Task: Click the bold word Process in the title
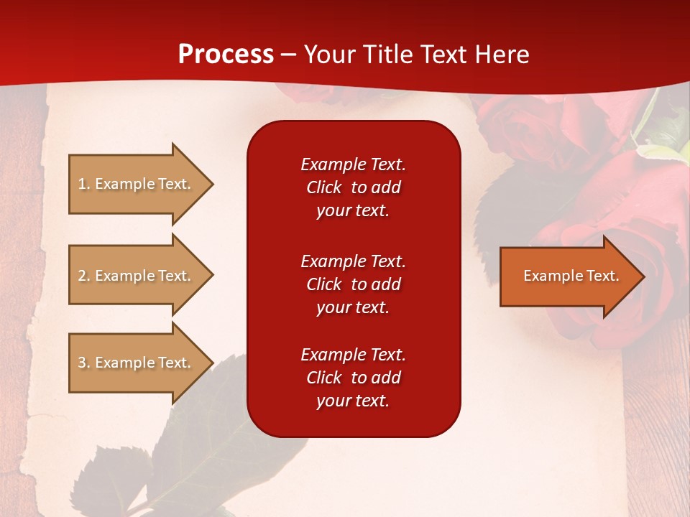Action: coord(226,55)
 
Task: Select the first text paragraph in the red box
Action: coord(353,187)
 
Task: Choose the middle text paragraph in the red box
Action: coord(353,284)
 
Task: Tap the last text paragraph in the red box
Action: coord(353,378)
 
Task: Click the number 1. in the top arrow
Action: coord(84,184)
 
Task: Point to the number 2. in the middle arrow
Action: coord(84,276)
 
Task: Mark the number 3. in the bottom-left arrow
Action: coord(84,363)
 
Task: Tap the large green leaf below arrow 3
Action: coord(194,431)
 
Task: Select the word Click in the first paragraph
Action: coord(323,187)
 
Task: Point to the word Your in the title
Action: coord(329,55)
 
